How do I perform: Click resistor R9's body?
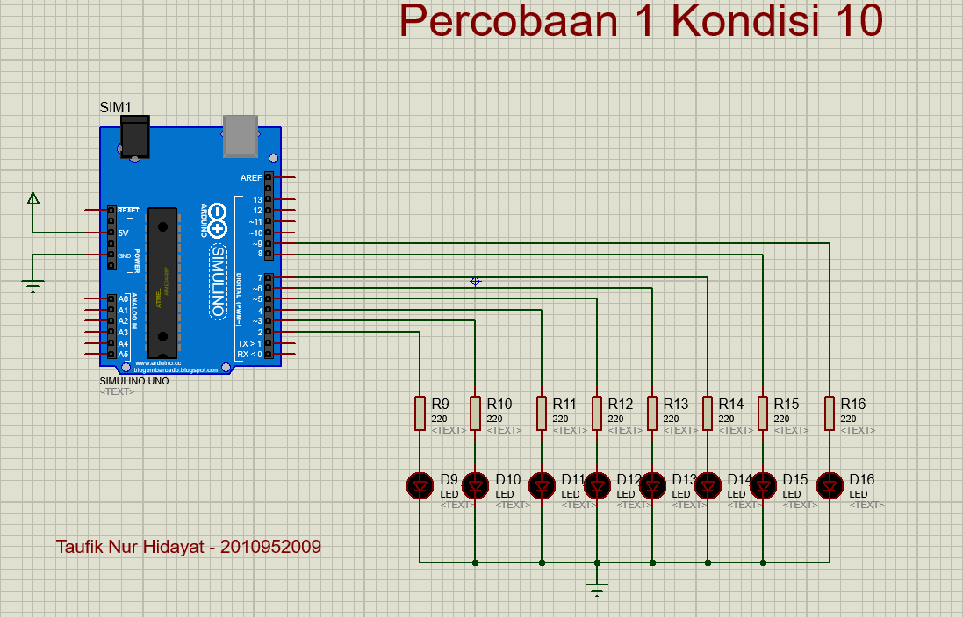pyautogui.click(x=420, y=413)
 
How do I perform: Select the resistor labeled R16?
pyautogui.click(x=830, y=413)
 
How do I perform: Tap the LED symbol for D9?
pyautogui.click(x=420, y=484)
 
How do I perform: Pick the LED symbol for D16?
pyautogui.click(x=830, y=484)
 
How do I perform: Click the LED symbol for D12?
pyautogui.click(x=597, y=484)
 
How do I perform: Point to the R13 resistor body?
pyautogui.click(x=652, y=413)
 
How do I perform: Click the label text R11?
pyautogui.click(x=564, y=404)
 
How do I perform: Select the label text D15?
pyautogui.click(x=795, y=479)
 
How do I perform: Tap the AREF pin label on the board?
pyautogui.click(x=250, y=177)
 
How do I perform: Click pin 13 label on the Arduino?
pyautogui.click(x=257, y=199)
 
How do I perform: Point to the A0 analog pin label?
pyautogui.click(x=123, y=299)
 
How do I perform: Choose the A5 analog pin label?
pyautogui.click(x=123, y=354)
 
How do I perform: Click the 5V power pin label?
pyautogui.click(x=124, y=233)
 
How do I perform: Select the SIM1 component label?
pyautogui.click(x=115, y=108)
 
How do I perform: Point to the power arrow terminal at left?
pyautogui.click(x=32, y=198)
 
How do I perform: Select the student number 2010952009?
pyautogui.click(x=270, y=547)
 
